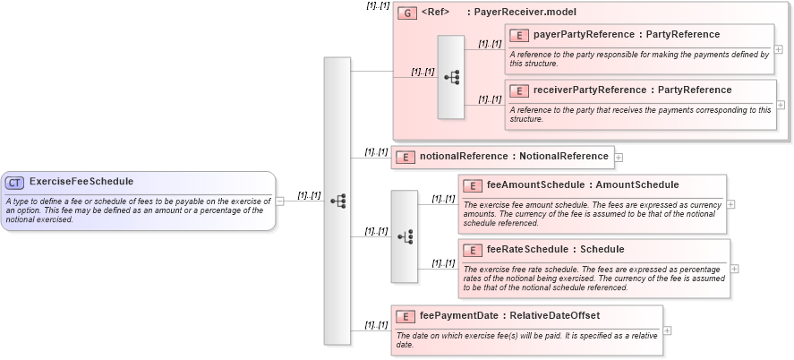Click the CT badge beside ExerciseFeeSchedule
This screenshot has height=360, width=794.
click(x=14, y=183)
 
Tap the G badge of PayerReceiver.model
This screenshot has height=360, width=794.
click(x=407, y=13)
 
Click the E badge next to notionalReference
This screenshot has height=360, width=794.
click(x=406, y=157)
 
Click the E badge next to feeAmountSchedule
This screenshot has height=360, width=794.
click(x=473, y=185)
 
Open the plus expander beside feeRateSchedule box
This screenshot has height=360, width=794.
click(x=735, y=267)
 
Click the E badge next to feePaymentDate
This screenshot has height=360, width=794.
click(x=406, y=316)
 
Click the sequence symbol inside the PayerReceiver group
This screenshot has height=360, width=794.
click(x=451, y=78)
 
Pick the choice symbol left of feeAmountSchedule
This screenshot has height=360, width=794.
click(x=405, y=236)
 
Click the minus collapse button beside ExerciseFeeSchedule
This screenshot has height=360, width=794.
click(x=280, y=201)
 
